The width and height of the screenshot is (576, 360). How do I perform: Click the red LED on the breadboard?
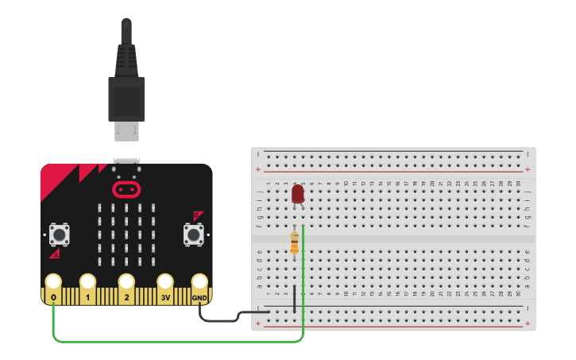click(298, 194)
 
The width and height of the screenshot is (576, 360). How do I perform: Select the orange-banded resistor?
click(295, 243)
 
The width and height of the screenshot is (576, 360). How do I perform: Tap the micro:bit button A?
click(58, 234)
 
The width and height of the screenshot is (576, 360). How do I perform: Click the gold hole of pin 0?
click(53, 281)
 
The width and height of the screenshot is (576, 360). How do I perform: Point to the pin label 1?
click(88, 298)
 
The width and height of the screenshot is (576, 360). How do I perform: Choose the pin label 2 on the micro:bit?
click(126, 298)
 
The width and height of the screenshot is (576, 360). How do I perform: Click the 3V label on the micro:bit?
click(164, 298)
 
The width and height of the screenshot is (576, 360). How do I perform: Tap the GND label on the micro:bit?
click(199, 298)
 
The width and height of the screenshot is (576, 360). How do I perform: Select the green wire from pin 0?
click(175, 342)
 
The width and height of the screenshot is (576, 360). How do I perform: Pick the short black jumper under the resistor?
click(295, 298)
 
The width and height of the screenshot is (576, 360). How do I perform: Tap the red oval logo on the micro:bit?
click(126, 189)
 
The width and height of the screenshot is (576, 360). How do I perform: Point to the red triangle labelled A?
click(55, 254)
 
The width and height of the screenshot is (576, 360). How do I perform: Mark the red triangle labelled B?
click(197, 215)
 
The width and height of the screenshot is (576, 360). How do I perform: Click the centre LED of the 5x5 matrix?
click(126, 234)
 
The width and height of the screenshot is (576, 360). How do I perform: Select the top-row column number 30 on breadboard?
click(517, 184)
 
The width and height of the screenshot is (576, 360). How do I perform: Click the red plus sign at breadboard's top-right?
click(527, 169)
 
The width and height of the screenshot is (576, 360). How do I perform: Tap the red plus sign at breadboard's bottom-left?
click(258, 323)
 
